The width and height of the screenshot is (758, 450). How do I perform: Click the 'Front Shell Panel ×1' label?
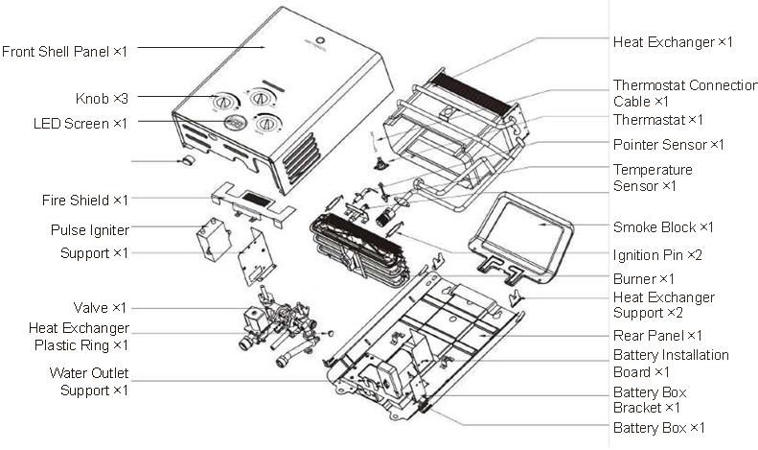[64, 51]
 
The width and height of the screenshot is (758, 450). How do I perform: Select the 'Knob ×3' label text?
[102, 99]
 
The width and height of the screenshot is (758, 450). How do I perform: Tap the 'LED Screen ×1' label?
[80, 124]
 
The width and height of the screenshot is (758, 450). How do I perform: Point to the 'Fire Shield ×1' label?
[85, 200]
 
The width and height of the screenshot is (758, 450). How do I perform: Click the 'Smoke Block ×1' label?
[663, 227]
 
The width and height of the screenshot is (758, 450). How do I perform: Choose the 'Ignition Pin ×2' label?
[657, 254]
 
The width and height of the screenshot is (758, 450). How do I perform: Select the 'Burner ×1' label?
[643, 278]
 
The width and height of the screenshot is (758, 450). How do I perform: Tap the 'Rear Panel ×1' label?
[657, 335]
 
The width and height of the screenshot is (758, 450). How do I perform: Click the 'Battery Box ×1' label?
[659, 428]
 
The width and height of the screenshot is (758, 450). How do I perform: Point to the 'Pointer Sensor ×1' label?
[669, 144]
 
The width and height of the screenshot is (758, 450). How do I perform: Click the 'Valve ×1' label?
[100, 307]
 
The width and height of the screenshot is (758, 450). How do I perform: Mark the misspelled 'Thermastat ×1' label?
[658, 120]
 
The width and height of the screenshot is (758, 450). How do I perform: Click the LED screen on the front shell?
[236, 122]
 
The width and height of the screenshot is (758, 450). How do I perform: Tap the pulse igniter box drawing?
[213, 239]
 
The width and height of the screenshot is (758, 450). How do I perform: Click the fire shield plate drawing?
[253, 204]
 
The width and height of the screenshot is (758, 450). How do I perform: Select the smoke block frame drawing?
[520, 237]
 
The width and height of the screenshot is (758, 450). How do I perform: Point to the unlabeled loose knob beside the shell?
[188, 159]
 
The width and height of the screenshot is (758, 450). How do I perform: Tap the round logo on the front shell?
[320, 41]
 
